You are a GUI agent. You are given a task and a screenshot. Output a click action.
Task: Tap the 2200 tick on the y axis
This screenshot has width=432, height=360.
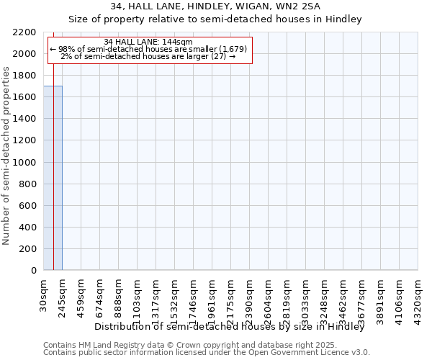point(24,32)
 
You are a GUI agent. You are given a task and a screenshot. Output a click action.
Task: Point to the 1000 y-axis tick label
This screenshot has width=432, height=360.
point(24,163)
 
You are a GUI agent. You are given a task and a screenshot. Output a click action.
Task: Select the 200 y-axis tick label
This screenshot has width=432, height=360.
point(28,249)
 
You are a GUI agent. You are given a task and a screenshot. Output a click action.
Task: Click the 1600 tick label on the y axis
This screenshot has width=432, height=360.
point(24,97)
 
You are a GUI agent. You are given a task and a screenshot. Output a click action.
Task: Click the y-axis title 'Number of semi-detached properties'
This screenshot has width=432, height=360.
point(6,156)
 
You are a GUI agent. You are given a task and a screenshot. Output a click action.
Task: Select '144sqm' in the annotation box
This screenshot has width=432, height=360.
point(176,42)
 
